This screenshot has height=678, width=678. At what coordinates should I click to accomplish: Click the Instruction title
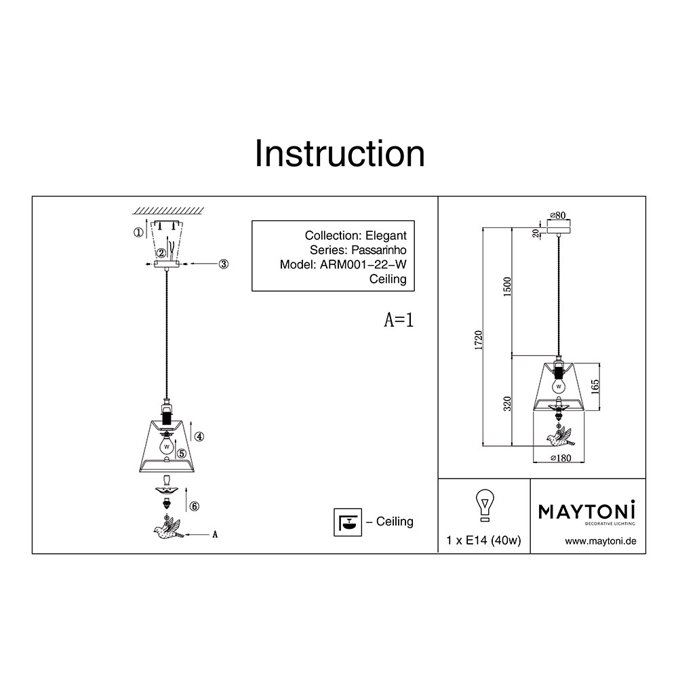pos(340,154)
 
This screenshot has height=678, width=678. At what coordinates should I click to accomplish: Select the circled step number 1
pos(138,233)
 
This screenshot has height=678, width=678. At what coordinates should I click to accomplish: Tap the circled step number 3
pos(223,264)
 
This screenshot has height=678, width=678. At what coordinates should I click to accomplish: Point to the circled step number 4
pos(199,437)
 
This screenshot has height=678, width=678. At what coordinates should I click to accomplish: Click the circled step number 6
pos(195,506)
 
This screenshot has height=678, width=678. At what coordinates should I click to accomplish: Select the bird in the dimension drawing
pos(559,437)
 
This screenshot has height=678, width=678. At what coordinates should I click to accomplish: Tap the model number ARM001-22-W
pos(363,265)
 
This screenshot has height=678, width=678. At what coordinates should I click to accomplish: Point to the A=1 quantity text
pos(399,321)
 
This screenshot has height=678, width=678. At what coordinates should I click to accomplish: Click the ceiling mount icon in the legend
pos(347,521)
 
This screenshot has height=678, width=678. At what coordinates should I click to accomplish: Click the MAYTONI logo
pos(587,511)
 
